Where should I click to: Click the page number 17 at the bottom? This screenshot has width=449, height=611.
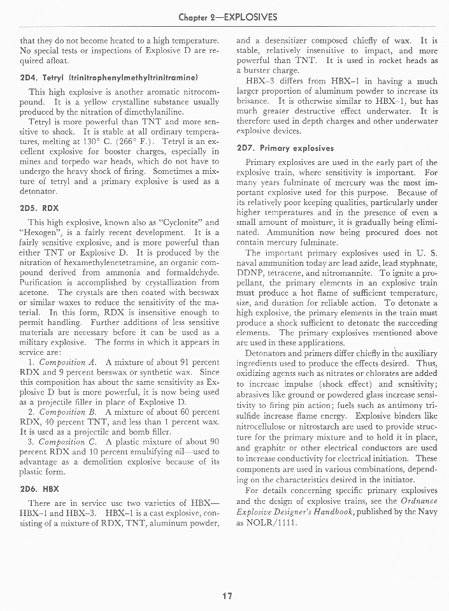tap(225, 596)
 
